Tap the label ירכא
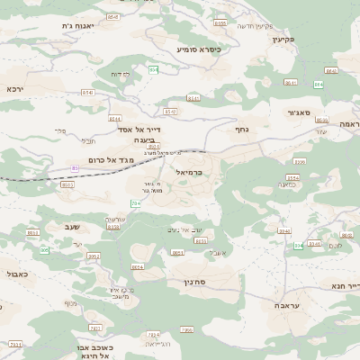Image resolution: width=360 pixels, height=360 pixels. coord(14,89)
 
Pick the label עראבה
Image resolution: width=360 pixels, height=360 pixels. coord(274,306)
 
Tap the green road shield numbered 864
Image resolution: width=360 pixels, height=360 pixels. coord(319,85)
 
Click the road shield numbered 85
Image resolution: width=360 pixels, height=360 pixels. coord(75,167)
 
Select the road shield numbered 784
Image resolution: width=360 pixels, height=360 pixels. coord(136,204)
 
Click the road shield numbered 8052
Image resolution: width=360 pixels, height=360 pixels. coord(94,256)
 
